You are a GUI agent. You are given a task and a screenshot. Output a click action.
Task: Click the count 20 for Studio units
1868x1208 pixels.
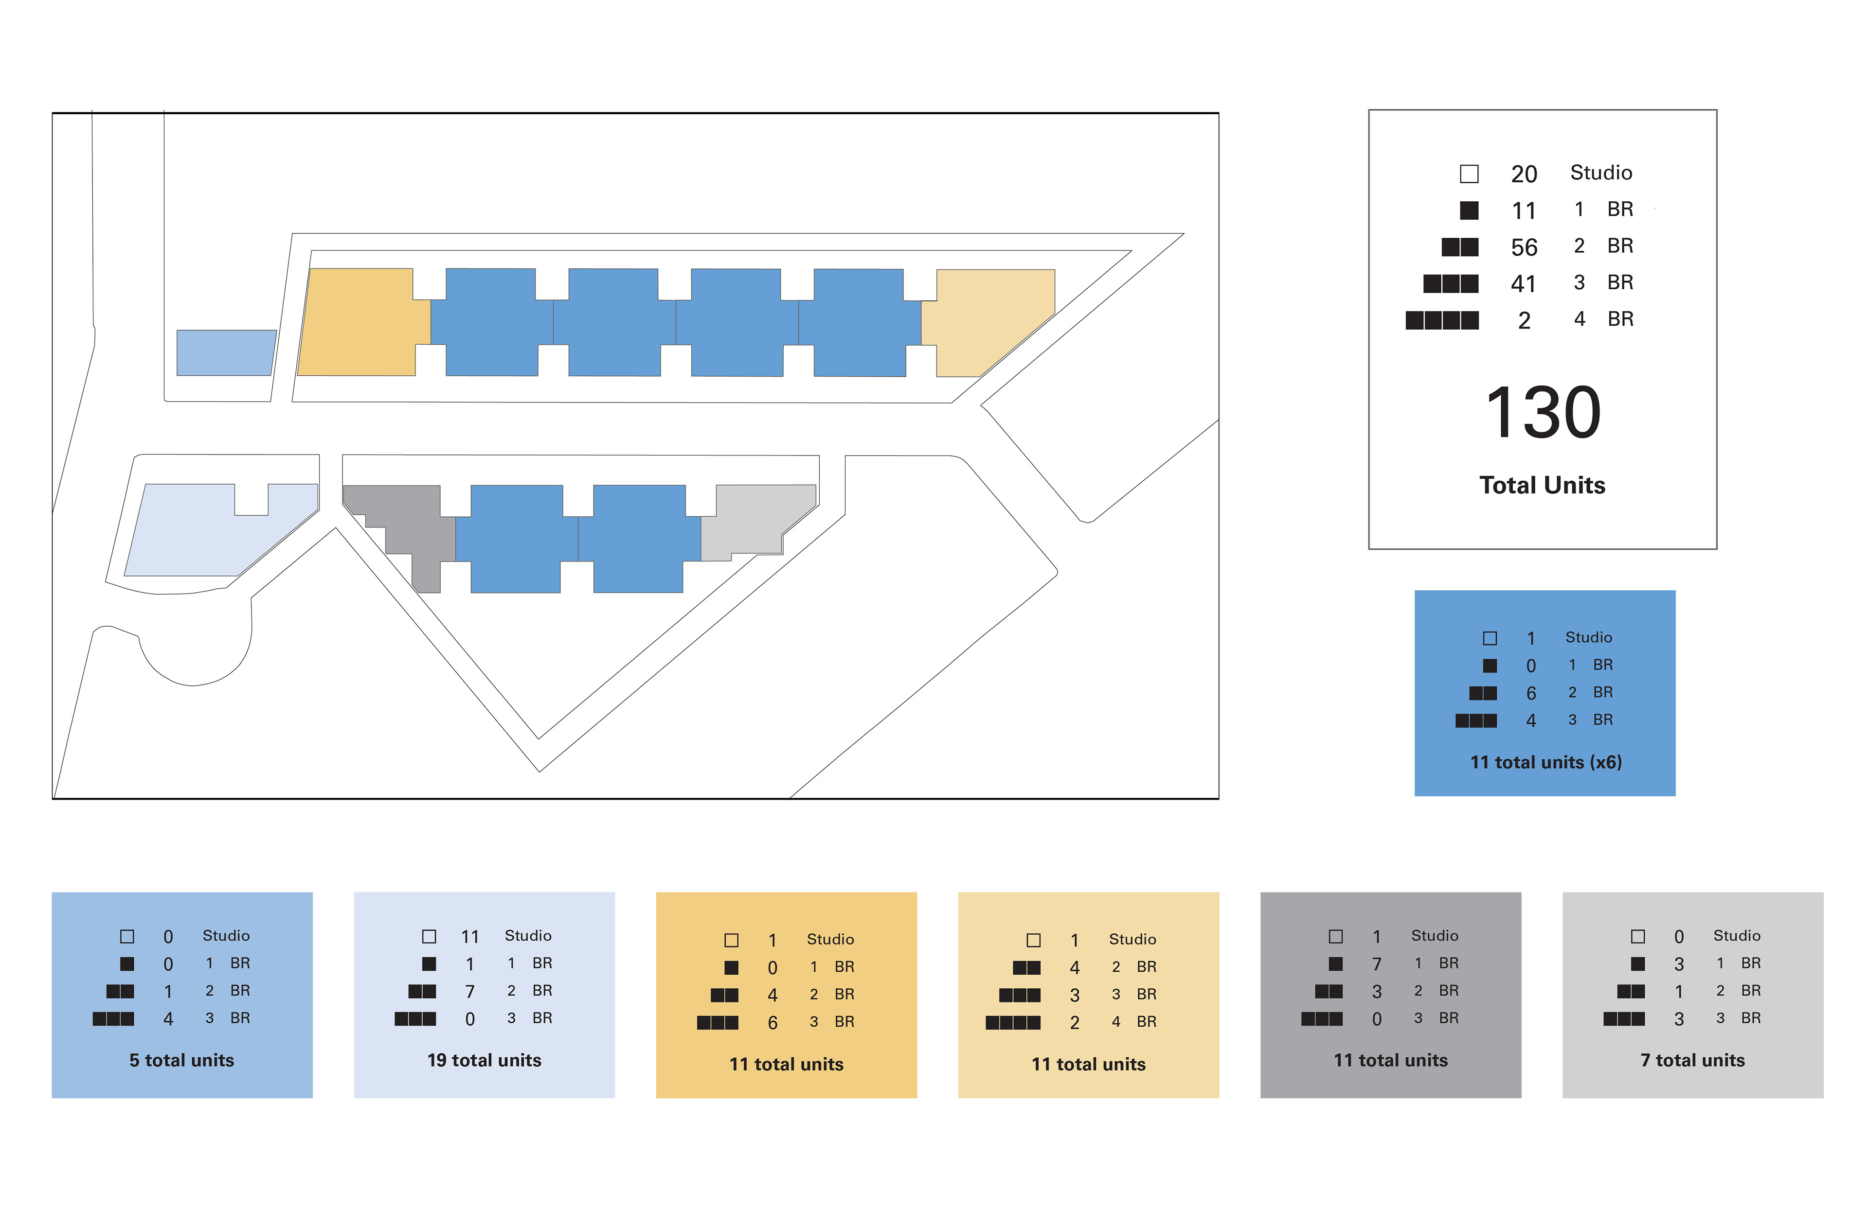click(x=1524, y=174)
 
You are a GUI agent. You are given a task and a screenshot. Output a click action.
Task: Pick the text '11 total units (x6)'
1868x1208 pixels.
click(x=1545, y=762)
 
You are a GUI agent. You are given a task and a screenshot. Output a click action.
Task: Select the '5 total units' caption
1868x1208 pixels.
click(x=181, y=1061)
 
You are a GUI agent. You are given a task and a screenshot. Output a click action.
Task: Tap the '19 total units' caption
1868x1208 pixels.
click(x=484, y=1061)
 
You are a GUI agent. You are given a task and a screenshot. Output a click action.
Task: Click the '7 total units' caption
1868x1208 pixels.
click(x=1692, y=1061)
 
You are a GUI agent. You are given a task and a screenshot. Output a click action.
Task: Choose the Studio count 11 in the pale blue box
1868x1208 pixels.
click(x=469, y=937)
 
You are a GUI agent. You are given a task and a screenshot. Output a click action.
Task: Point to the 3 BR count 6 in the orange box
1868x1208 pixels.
click(x=772, y=1023)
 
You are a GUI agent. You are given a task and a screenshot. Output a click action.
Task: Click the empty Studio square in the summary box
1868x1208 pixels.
click(x=1469, y=174)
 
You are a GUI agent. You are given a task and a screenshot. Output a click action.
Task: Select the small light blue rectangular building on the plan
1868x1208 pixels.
click(x=225, y=352)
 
